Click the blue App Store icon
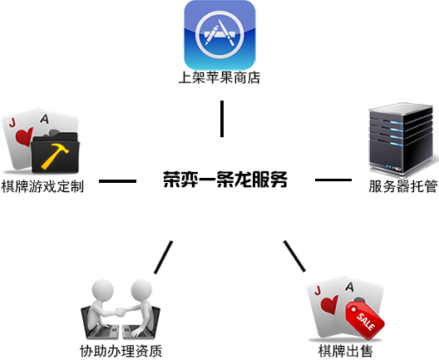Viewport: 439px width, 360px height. point(219,35)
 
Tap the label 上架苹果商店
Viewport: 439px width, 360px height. point(219,77)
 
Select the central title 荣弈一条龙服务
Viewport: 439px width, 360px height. point(225,180)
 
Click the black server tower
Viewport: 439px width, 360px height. point(402,139)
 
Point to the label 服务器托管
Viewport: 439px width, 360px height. point(403,186)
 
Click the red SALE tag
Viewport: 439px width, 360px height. point(365,320)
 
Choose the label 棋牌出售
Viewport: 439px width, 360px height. point(346,351)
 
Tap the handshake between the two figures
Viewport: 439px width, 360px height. point(121,312)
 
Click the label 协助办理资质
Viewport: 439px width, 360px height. point(121,351)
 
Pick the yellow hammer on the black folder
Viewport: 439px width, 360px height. point(55,156)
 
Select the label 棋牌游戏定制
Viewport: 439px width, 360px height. point(42,186)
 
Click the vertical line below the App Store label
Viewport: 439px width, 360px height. point(222,119)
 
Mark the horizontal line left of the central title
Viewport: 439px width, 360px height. point(117,181)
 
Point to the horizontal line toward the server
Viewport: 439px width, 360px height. point(333,180)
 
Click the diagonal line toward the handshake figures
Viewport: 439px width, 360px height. point(163,257)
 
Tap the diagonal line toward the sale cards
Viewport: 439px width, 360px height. point(294,256)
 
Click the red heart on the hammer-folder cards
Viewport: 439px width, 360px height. point(24,136)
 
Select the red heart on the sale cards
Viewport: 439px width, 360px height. point(329,304)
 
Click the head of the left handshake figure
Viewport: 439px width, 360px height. point(103,289)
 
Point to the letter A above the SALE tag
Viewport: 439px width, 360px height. point(350,287)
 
